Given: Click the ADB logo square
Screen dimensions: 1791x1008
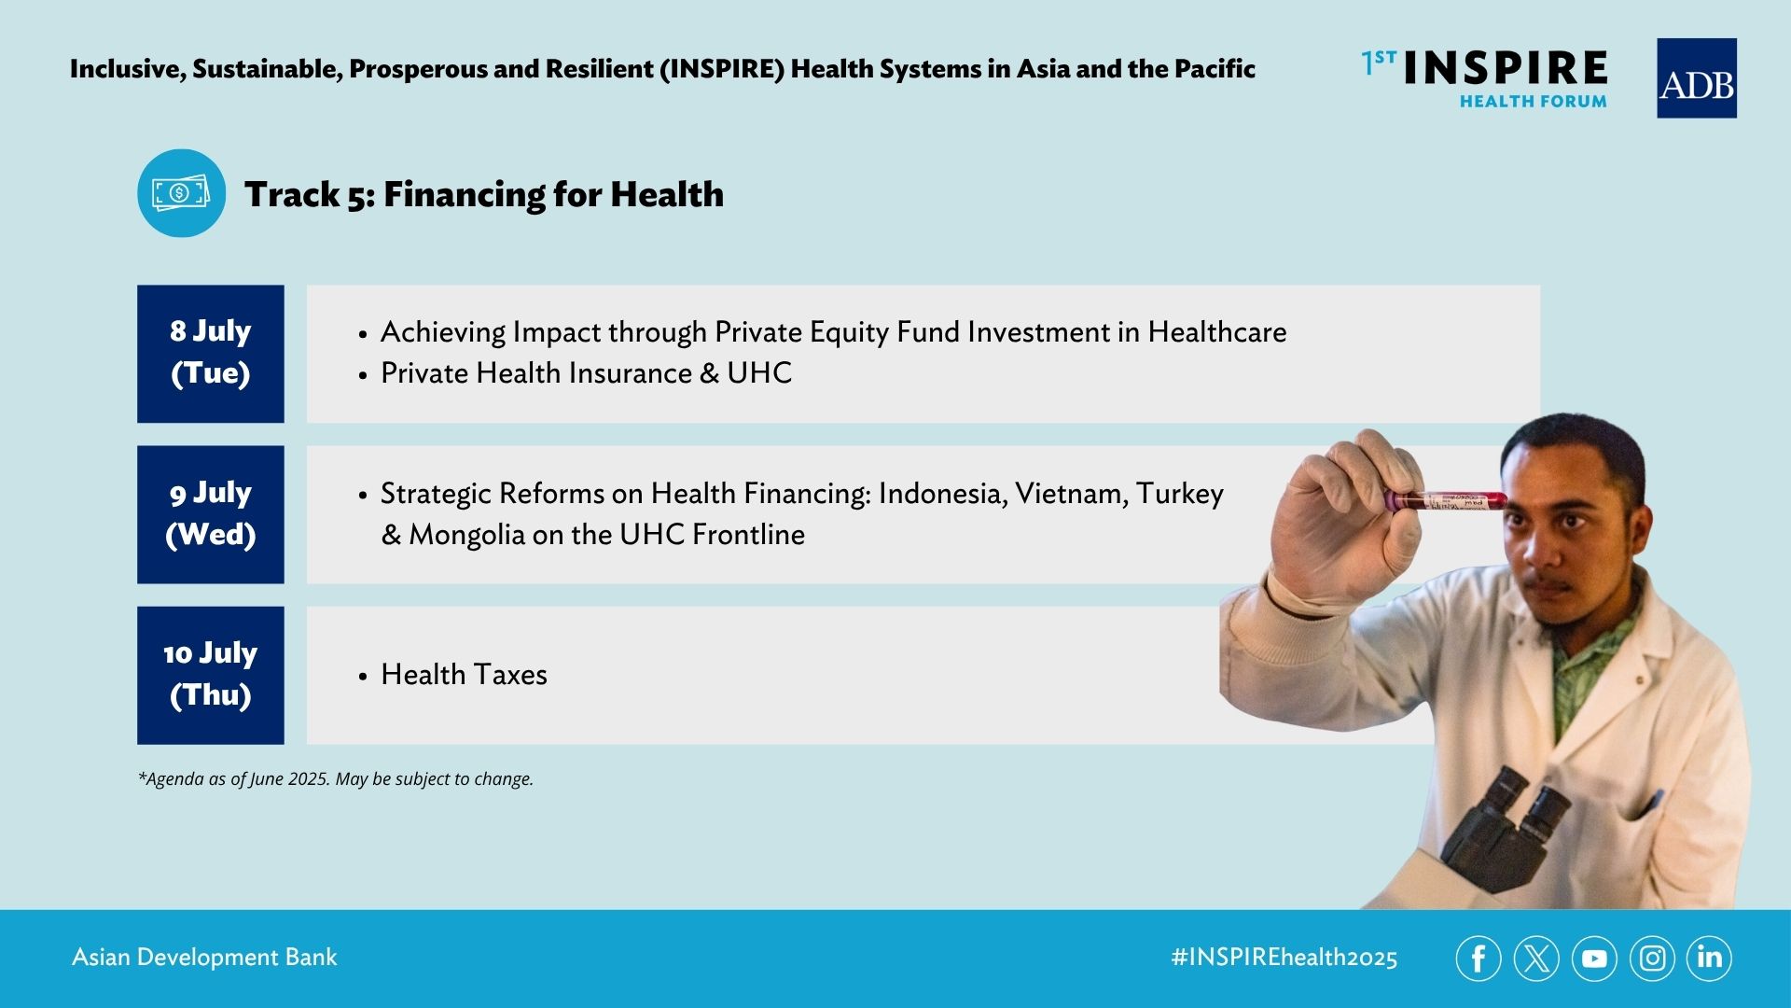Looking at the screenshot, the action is pos(1696,78).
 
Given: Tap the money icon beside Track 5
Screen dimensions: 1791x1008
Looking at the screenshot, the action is pos(181,193).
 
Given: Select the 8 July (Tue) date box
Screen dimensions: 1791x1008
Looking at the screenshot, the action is pos(211,354).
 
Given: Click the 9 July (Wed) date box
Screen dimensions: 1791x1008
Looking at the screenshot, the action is pos(211,514).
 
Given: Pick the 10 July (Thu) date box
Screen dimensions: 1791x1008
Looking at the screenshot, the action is pos(211,675).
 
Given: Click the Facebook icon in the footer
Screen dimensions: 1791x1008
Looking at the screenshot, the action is pos(1479,959).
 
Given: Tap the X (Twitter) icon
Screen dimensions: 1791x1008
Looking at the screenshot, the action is pos(1536,959).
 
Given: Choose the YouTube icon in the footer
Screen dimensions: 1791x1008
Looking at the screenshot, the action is pos(1594,959).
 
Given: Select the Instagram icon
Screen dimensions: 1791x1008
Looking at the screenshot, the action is pos(1652,959).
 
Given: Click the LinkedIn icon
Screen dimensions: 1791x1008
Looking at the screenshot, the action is pos(1709,959).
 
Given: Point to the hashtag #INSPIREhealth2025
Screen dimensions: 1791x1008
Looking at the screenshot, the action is pos(1284,958).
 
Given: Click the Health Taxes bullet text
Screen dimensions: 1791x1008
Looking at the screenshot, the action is pos(464,674).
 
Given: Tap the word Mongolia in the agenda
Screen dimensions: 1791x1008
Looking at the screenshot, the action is pos(467,535).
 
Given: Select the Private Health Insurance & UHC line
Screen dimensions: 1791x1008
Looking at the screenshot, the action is pos(586,373).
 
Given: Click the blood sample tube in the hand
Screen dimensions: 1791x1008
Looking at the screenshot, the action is pos(1446,500).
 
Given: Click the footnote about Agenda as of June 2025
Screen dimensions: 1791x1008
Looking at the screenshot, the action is pos(336,779).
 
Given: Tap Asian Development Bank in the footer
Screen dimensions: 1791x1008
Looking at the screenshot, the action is pos(204,958).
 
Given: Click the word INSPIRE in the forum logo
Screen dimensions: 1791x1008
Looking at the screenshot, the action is pos(1505,68).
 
